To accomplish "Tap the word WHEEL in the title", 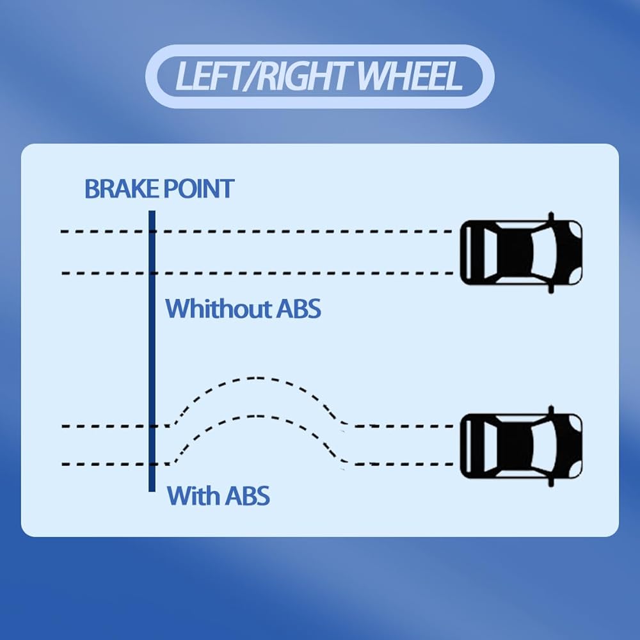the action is (410, 76).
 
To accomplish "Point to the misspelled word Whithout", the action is (218, 308).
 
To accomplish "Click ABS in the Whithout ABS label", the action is (298, 308).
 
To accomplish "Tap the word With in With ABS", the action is (191, 495).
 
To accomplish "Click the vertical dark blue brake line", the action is (152, 352).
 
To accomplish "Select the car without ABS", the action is (521, 252).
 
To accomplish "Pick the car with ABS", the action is (521, 445).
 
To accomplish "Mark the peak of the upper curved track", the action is (256, 378).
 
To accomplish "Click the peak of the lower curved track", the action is (256, 416).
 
